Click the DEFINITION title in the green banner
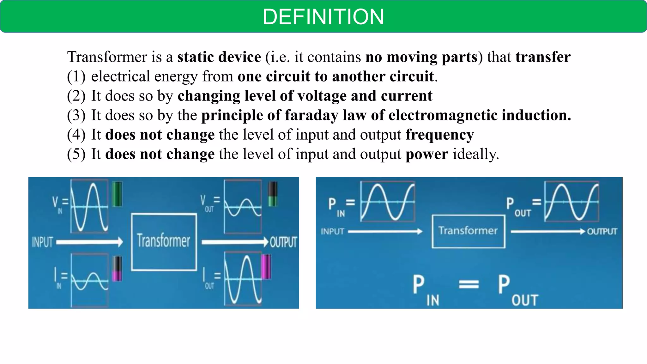click(323, 17)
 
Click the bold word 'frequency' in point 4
click(439, 135)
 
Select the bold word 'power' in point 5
click(426, 155)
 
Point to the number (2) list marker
click(76, 96)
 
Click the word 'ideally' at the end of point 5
click(475, 155)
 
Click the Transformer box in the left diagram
click(164, 242)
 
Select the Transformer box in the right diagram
click(468, 231)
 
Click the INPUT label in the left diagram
click(42, 242)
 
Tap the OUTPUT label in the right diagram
click(602, 232)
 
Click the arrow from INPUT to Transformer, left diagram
click(89, 242)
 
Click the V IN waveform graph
click(89, 206)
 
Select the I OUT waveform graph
click(243, 279)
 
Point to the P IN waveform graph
click(387, 202)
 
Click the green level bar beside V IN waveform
click(117, 194)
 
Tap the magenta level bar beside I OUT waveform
click(266, 267)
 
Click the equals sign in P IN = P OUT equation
click(469, 285)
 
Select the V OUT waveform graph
click(243, 207)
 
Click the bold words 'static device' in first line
click(219, 57)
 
